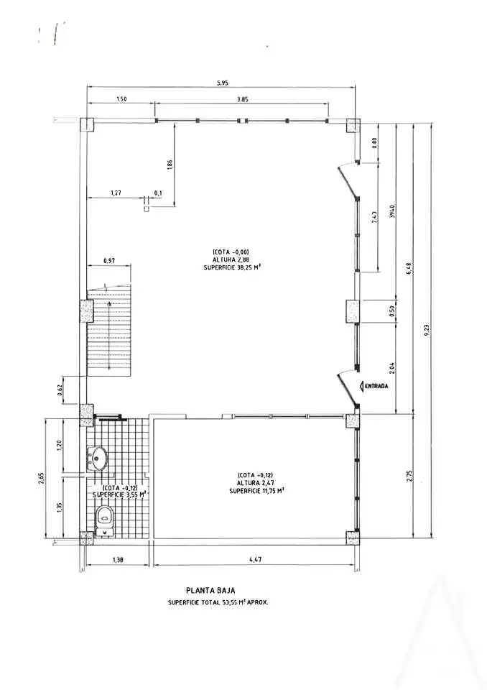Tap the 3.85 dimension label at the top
[242, 99]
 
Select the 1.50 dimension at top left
[121, 99]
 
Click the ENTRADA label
[378, 386]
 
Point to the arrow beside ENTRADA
[362, 386]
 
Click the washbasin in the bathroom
[97, 459]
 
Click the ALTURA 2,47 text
[256, 483]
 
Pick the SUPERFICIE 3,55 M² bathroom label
[119, 494]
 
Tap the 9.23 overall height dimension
[427, 331]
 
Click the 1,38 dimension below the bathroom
[118, 560]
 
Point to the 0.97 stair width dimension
[109, 261]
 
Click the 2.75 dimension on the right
[409, 477]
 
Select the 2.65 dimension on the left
[41, 477]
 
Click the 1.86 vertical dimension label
[170, 164]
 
